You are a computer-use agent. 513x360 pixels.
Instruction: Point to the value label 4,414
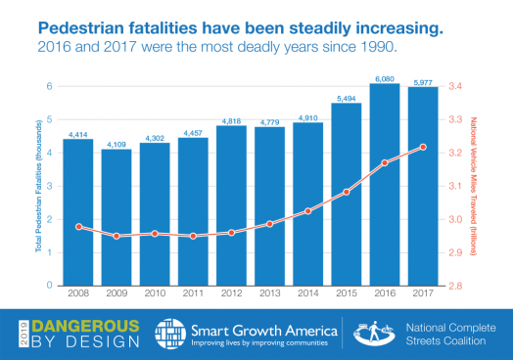coord(78,132)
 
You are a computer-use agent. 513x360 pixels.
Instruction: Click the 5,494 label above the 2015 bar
coord(347,97)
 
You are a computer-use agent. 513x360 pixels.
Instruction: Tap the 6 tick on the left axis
coord(48,86)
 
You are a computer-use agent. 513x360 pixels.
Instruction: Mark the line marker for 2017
coord(423,147)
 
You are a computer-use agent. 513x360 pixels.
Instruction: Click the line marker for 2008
coord(78,227)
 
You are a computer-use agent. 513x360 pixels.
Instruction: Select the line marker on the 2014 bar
coord(307,211)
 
